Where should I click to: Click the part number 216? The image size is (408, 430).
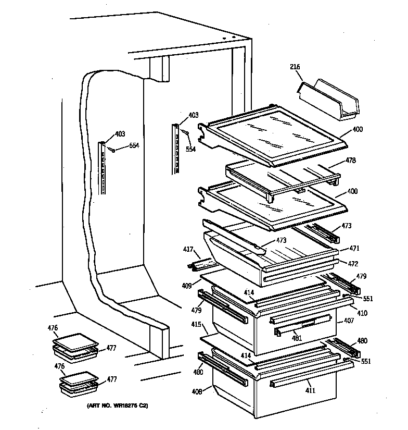[295, 67]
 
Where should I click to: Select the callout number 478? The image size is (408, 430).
[351, 161]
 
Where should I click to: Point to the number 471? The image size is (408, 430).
[354, 249]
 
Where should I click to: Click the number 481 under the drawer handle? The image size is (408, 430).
[296, 338]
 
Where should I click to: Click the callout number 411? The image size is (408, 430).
[310, 390]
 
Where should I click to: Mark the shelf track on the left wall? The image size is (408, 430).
[103, 167]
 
